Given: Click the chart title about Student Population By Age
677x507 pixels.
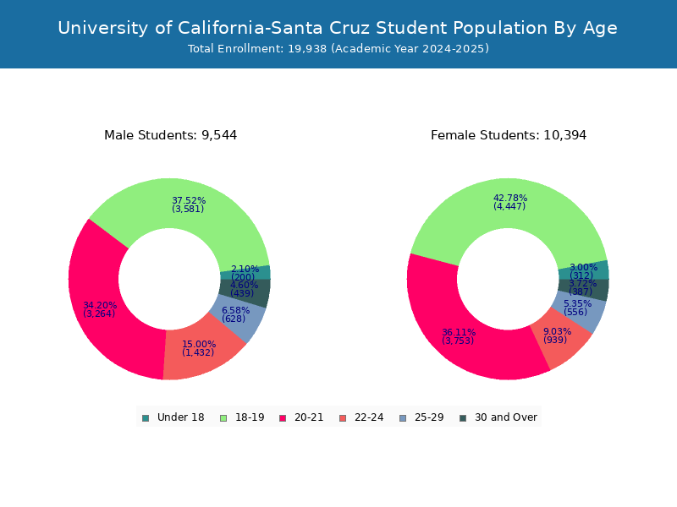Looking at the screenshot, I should (x=338, y=28).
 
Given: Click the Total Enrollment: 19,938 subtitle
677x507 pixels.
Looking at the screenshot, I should (x=338, y=49).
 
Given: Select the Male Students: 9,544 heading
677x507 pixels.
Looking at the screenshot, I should (x=170, y=135).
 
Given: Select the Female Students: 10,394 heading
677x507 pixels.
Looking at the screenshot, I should (x=508, y=135).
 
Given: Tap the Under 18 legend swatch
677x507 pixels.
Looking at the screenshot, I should (x=146, y=417).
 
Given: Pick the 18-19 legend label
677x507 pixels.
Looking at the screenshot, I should (x=250, y=417).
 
